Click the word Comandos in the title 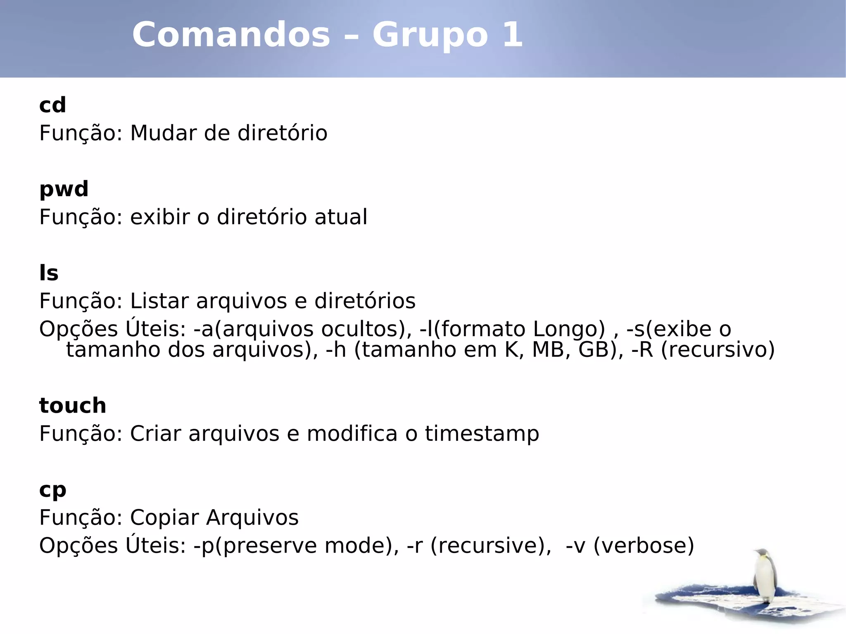click(x=231, y=35)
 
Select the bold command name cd click(x=52, y=105)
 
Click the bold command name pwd click(x=64, y=190)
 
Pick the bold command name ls click(x=49, y=273)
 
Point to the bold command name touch click(x=73, y=406)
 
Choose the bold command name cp click(x=52, y=490)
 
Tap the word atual click(x=340, y=217)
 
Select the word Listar click(x=159, y=301)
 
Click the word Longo click(x=568, y=329)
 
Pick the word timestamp click(x=482, y=434)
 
